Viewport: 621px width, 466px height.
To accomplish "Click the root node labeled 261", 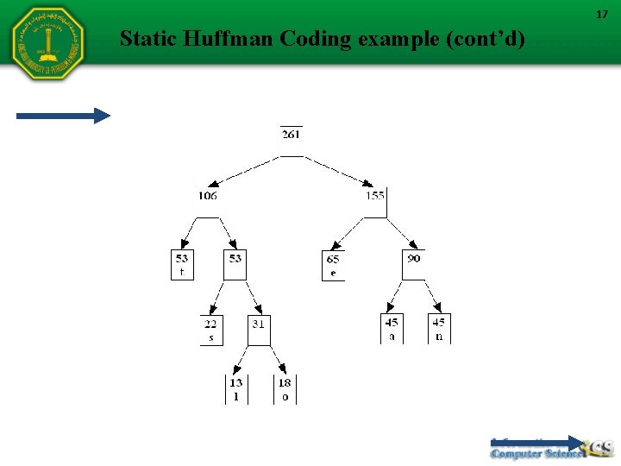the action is [292, 135].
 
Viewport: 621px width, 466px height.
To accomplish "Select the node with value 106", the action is [207, 196].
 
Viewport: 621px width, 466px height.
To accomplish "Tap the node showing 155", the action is [374, 196].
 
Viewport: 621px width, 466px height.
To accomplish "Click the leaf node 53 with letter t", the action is [182, 264].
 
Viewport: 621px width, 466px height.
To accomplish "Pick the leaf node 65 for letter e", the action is [333, 265].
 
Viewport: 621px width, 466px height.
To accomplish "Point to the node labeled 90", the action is [414, 259].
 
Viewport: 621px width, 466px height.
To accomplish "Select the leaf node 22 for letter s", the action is [210, 330].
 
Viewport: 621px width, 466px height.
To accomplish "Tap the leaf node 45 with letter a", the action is [392, 329].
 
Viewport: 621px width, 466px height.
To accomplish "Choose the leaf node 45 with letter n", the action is [439, 329].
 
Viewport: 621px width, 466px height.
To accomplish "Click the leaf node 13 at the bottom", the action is [236, 389].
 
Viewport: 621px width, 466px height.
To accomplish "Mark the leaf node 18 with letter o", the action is [285, 389].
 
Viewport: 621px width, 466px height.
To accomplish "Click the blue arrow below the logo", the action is [64, 116].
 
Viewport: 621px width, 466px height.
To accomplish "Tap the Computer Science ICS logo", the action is [551, 448].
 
